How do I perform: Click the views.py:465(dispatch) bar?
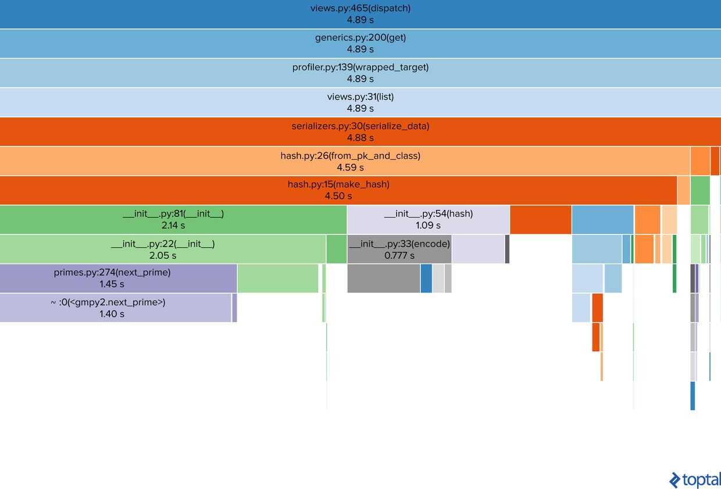tap(360, 14)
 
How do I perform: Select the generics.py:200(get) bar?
tap(360, 44)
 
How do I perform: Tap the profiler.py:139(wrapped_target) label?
tap(360, 67)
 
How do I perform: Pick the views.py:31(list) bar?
tap(360, 102)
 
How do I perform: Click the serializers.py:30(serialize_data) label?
tap(360, 126)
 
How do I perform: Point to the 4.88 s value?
tap(360, 138)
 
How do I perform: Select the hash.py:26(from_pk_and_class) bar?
tap(345, 161)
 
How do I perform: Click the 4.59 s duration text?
tap(350, 167)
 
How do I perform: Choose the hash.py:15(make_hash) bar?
tap(338, 190)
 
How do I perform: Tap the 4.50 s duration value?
tap(338, 196)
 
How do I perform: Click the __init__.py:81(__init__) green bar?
tap(173, 220)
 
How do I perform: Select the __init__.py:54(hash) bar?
tap(429, 220)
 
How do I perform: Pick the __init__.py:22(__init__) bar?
tap(163, 249)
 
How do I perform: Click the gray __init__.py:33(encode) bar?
tap(399, 249)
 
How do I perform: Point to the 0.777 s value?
tap(399, 256)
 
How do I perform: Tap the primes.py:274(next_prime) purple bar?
tap(119, 279)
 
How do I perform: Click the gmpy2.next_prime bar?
tap(116, 308)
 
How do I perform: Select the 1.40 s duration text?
tap(112, 314)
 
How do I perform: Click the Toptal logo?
tap(695, 480)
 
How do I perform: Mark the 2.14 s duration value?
tap(173, 226)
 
